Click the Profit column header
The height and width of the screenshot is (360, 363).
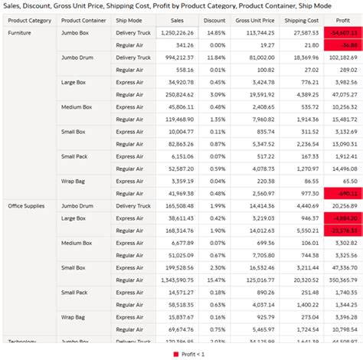[x=343, y=20]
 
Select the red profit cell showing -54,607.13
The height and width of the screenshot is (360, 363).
[x=342, y=34]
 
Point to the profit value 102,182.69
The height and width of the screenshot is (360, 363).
[x=340, y=57]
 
